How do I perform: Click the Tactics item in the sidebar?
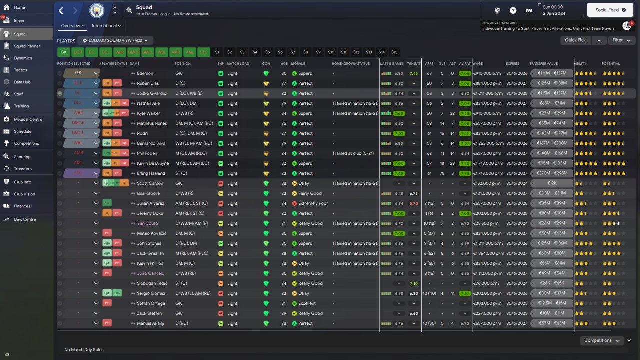pos(20,70)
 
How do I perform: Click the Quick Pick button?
pos(575,40)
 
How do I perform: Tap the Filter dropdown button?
pos(621,40)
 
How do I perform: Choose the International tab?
pos(106,26)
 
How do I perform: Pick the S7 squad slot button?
pos(293,52)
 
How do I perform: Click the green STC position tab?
pos(203,52)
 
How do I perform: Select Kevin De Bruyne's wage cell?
pos(487,163)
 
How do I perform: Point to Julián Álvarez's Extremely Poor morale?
pos(313,203)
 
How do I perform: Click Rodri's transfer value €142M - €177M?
pos(551,133)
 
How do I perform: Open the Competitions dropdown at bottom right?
pos(601,340)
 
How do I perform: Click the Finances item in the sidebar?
pos(22,206)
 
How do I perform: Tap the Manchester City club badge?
pos(97,10)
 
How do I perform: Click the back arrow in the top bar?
pos(61,10)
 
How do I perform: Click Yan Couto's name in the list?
pos(147,223)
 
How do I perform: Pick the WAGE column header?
pos(478,64)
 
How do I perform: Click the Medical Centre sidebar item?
pos(28,119)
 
